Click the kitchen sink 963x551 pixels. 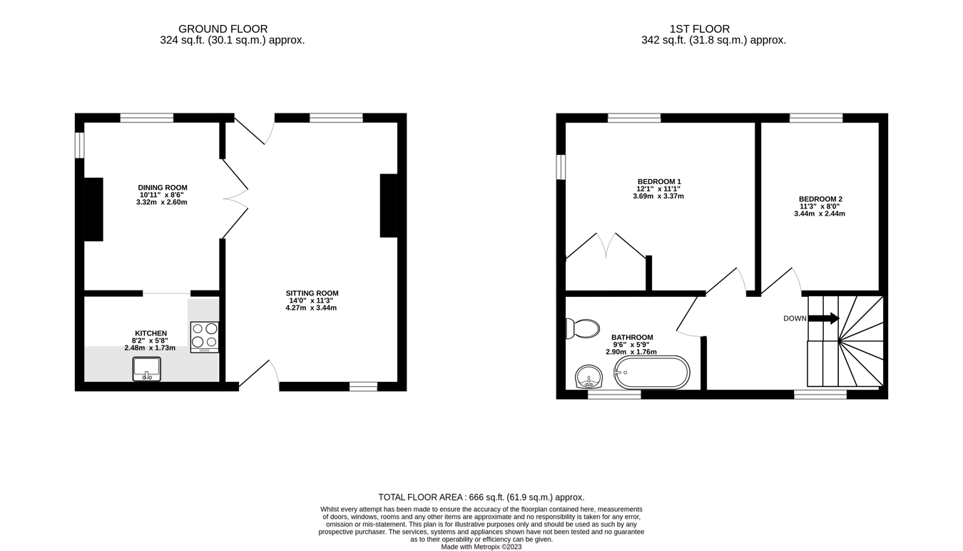point(147,369)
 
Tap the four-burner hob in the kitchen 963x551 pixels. point(205,337)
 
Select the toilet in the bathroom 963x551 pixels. point(584,328)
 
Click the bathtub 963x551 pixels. point(652,373)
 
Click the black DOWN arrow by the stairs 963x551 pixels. point(824,318)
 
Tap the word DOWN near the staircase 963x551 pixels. point(795,318)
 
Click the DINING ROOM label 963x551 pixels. point(163,188)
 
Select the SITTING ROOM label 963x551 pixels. point(312,293)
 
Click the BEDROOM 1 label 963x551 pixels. point(658,181)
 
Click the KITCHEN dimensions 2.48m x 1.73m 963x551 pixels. point(150,348)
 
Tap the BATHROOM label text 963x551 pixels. point(632,338)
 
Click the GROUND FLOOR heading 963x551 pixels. point(223,29)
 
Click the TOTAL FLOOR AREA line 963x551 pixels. point(481,497)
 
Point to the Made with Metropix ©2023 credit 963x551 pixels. point(481,547)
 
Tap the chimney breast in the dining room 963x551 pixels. point(93,209)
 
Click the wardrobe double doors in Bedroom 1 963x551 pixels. point(606,246)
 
